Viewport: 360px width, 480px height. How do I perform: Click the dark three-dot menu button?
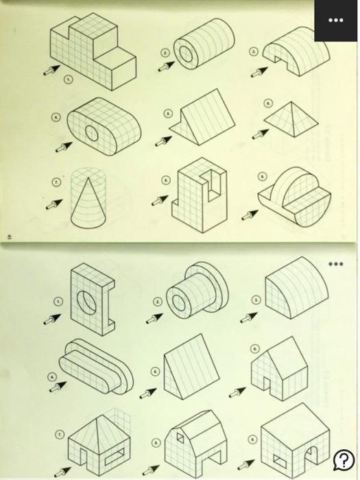pyautogui.click(x=335, y=21)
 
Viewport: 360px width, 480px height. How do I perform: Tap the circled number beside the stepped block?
pyautogui.click(x=67, y=80)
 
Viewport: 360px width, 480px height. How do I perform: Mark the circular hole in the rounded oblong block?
pyautogui.click(x=92, y=132)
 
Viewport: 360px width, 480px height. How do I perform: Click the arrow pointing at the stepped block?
pyautogui.click(x=50, y=69)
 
